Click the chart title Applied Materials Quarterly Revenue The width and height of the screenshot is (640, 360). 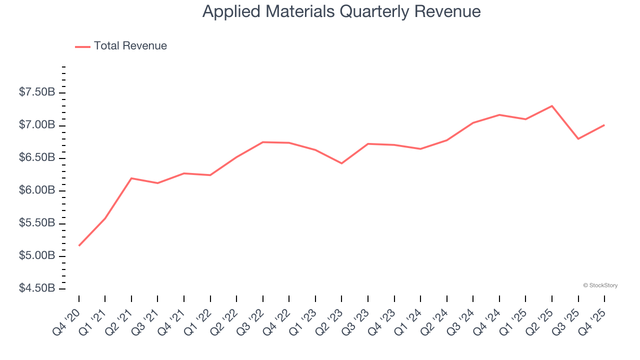pyautogui.click(x=341, y=11)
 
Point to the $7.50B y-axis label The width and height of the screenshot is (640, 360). pyautogui.click(x=37, y=92)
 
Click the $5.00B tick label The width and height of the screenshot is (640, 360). pyautogui.click(x=37, y=256)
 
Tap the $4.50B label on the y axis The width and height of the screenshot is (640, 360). pyautogui.click(x=37, y=288)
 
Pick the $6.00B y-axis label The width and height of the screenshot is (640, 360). pyautogui.click(x=37, y=190)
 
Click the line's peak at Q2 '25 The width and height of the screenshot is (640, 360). pyautogui.click(x=552, y=106)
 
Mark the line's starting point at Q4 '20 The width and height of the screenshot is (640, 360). pyautogui.click(x=79, y=245)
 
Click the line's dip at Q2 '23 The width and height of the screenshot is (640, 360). pyautogui.click(x=341, y=163)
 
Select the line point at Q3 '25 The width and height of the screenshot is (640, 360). pyautogui.click(x=578, y=139)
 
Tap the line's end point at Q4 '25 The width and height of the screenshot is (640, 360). pyautogui.click(x=604, y=125)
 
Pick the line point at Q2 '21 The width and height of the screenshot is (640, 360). pyautogui.click(x=131, y=178)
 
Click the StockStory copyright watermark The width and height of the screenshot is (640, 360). pyautogui.click(x=600, y=285)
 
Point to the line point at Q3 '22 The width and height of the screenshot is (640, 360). pyautogui.click(x=263, y=142)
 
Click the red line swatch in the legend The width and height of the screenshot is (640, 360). pyautogui.click(x=82, y=46)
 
